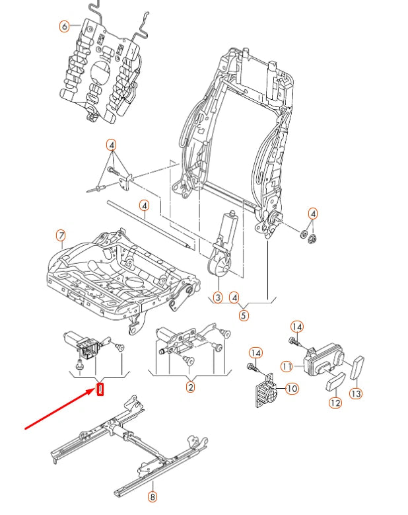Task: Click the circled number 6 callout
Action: (64, 26)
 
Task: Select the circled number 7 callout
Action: (60, 235)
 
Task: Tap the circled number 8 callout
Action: (153, 497)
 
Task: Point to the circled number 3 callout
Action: (218, 298)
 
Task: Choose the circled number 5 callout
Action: (244, 315)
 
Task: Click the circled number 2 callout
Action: (190, 387)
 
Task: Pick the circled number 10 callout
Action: (292, 389)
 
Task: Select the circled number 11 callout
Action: (287, 366)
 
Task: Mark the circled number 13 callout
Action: (356, 393)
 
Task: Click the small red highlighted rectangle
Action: (100, 389)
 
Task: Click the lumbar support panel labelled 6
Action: (99, 73)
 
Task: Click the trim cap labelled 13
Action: (361, 367)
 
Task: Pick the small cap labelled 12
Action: (335, 382)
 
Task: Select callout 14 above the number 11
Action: (297, 327)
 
